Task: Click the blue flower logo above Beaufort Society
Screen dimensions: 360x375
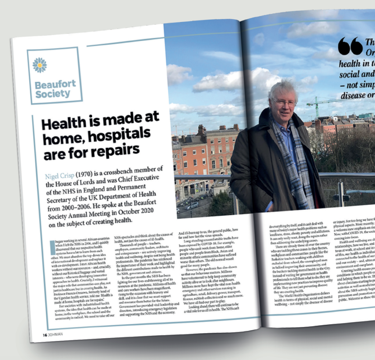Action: pyautogui.click(x=40, y=65)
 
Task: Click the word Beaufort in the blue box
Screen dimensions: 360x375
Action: pyautogui.click(x=55, y=85)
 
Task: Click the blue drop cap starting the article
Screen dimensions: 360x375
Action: pyautogui.click(x=52, y=244)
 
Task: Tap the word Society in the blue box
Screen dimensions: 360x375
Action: pyautogui.click(x=53, y=94)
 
